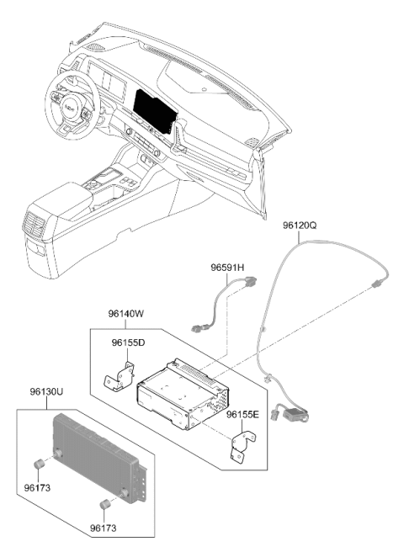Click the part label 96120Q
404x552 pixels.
coord(300,226)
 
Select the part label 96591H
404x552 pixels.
coord(227,268)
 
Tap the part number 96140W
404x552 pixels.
coord(126,314)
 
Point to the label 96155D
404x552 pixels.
coord(128,342)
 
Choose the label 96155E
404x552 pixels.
coord(242,414)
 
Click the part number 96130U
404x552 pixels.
coord(46,392)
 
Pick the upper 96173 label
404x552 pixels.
coord(37,488)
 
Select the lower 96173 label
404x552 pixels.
coord(104,528)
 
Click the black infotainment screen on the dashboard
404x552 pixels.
coord(154,110)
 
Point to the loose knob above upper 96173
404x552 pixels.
coord(38,464)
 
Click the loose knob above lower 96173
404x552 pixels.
coord(104,504)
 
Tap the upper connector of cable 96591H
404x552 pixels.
coord(249,281)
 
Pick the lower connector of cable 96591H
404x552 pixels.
coord(197,329)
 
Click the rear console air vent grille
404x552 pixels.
coord(35,224)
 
